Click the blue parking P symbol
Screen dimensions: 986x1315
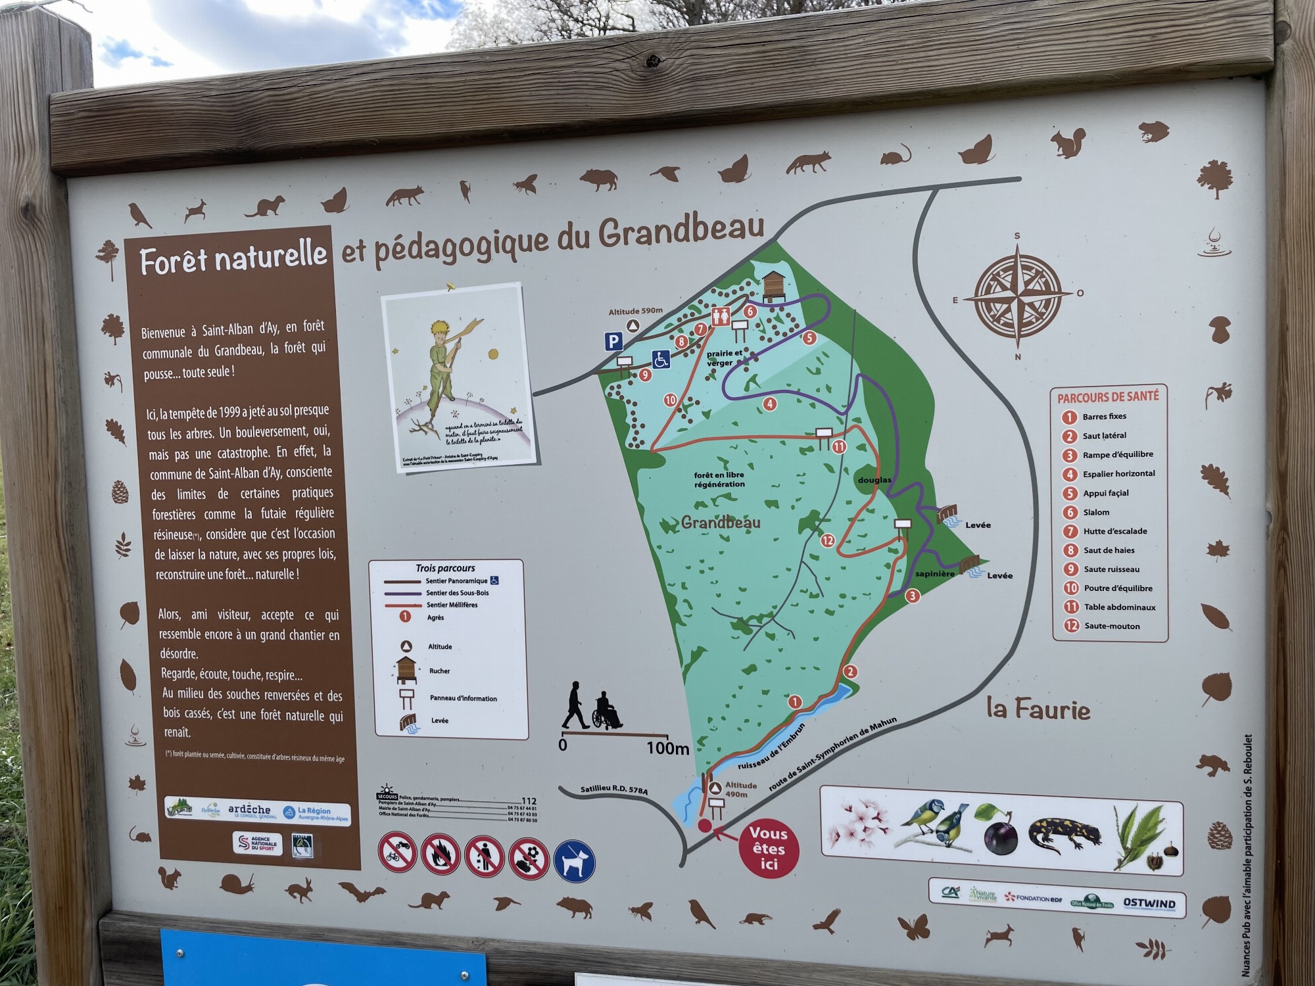(x=613, y=341)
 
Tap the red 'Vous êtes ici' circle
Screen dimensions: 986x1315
(x=768, y=849)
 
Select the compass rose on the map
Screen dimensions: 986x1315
(x=1017, y=296)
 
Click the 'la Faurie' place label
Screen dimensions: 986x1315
(x=1038, y=709)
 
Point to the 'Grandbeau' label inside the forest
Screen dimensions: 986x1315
(x=721, y=523)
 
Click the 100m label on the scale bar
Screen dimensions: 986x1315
(x=667, y=748)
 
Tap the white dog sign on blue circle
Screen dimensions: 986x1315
(x=574, y=861)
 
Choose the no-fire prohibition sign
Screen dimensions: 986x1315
(x=441, y=855)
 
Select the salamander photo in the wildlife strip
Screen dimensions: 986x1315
(x=1065, y=833)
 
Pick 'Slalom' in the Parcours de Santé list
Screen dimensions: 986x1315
(x=1096, y=512)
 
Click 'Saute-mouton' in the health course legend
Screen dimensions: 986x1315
(x=1112, y=626)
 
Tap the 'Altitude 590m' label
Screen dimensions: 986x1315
(x=635, y=312)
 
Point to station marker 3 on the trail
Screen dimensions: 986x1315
(x=912, y=596)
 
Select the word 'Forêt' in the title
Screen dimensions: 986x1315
(x=173, y=261)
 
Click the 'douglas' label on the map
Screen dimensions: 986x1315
(x=874, y=480)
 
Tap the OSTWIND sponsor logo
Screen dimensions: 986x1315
(x=1149, y=903)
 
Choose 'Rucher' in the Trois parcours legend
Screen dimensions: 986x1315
(x=439, y=671)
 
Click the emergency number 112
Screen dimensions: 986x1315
(x=529, y=801)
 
